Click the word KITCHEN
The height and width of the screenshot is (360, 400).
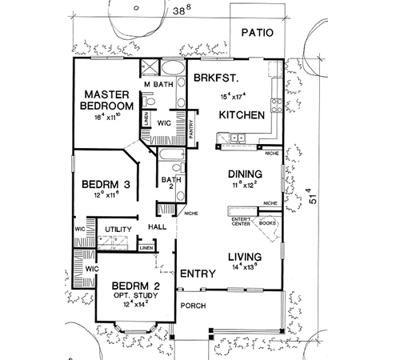pos(242,116)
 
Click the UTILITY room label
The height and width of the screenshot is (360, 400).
pos(118,230)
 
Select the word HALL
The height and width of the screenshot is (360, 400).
pos(157,227)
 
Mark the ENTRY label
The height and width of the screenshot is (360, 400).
pos(197,274)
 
